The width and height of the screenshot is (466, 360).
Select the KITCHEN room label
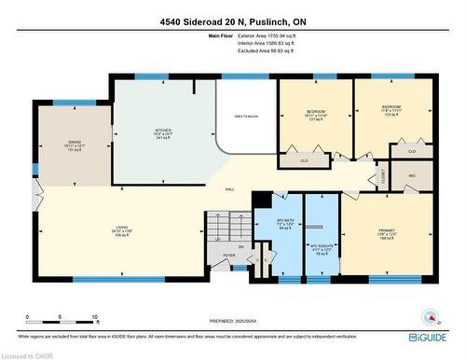click(164, 134)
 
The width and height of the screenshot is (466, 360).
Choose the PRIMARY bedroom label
click(388, 234)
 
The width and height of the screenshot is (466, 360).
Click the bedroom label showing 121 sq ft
click(315, 115)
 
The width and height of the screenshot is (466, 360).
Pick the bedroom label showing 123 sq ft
click(391, 111)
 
